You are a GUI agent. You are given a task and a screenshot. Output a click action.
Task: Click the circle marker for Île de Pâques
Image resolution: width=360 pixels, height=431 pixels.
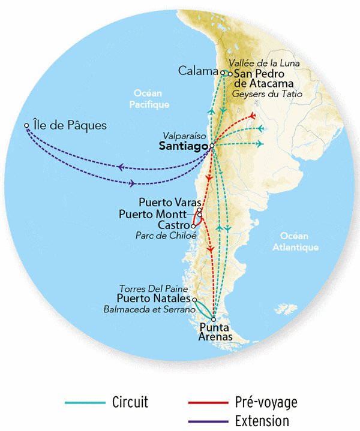click(26, 126)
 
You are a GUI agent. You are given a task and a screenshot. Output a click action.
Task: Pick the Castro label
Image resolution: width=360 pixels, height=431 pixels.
click(175, 225)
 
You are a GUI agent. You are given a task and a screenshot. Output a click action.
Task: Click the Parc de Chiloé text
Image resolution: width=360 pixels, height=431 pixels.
click(166, 236)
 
